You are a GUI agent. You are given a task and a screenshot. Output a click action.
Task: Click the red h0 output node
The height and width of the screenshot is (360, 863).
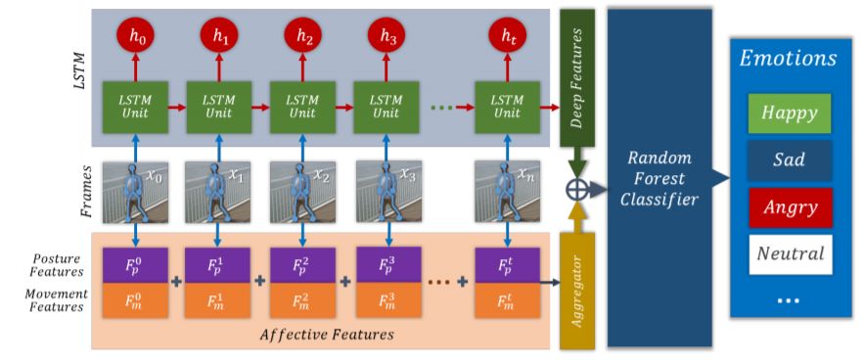point(135,36)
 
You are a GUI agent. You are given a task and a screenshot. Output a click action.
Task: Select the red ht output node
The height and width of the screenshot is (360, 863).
point(507,36)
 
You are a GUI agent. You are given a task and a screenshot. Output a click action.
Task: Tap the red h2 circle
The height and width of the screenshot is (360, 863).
point(302,36)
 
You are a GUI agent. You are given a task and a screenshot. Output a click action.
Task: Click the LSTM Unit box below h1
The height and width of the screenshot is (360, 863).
point(219,107)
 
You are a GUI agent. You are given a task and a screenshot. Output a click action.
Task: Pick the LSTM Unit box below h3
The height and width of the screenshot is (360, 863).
point(386,107)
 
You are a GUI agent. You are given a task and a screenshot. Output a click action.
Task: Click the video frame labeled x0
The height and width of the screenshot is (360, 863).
point(135,192)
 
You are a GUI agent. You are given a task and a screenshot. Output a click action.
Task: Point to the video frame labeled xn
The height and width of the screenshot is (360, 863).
point(507,192)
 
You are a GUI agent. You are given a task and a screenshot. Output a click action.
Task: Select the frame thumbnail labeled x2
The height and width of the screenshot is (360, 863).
point(302,192)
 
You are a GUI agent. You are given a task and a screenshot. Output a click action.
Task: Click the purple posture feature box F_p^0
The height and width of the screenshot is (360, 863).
point(135,265)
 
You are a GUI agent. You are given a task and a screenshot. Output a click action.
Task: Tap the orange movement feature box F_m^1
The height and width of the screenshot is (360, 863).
point(217,300)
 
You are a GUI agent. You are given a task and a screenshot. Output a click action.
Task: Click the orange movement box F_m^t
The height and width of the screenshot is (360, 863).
point(508,300)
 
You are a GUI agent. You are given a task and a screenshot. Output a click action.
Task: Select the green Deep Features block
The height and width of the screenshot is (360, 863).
point(577,78)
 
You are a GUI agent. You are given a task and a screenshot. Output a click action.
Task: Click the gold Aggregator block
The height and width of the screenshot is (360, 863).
point(577,291)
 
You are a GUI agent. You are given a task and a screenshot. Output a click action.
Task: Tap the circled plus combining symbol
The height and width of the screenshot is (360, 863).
point(577,190)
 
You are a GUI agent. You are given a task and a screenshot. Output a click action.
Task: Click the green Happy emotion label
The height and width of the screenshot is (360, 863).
point(790,113)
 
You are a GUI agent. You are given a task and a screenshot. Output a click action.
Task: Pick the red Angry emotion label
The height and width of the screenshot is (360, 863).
point(790,207)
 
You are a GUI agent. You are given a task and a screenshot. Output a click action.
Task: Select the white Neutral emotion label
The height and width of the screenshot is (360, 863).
point(790,254)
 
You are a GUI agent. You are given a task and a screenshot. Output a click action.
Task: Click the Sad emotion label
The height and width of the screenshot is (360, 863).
point(790,160)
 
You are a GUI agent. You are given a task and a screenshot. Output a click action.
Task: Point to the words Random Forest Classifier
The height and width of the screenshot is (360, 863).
point(659,178)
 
